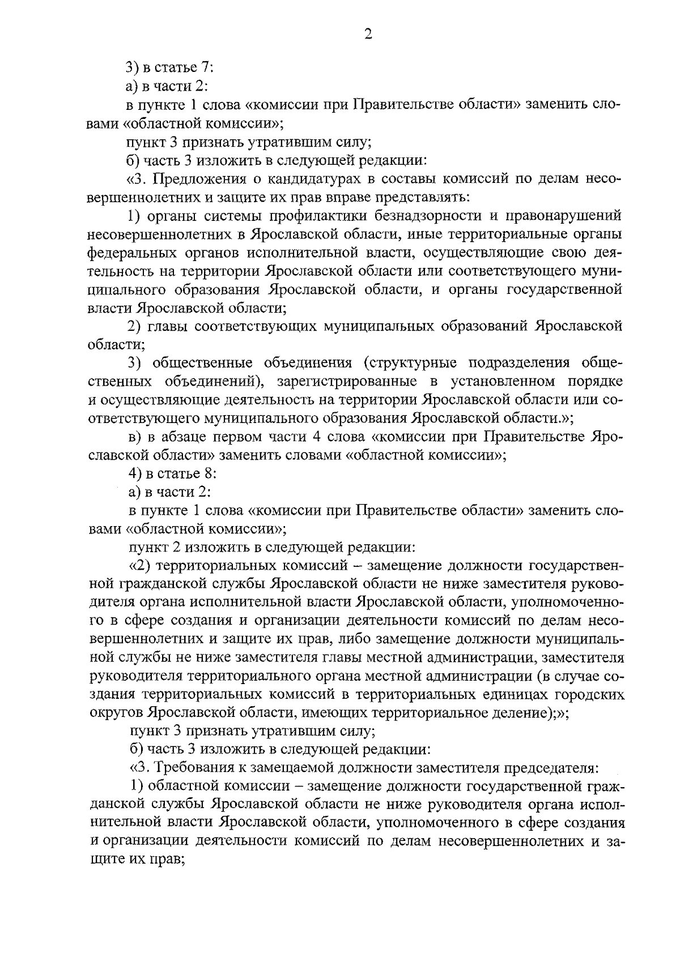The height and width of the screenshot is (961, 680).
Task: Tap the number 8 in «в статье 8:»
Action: [206, 473]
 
